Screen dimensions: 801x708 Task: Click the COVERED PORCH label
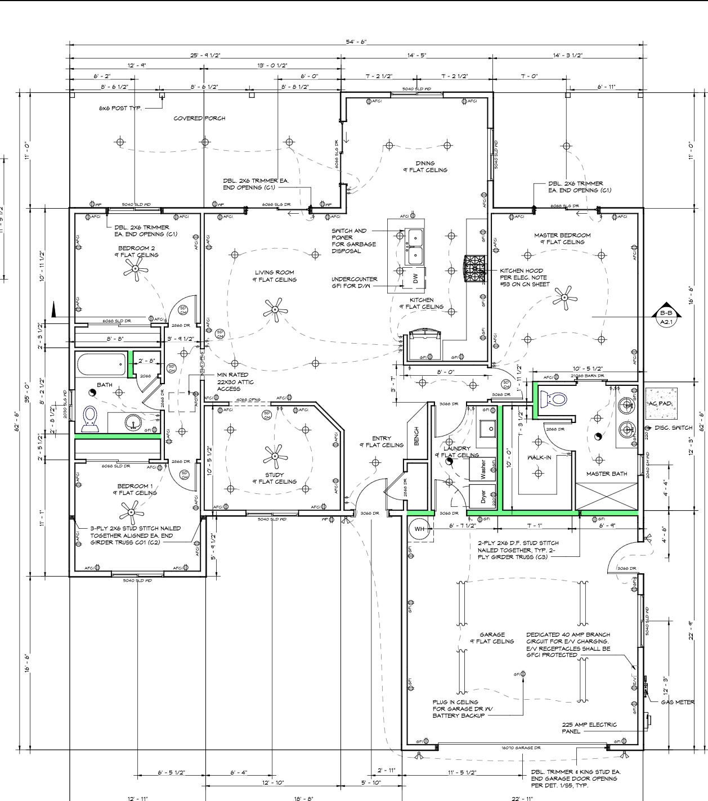[x=199, y=118]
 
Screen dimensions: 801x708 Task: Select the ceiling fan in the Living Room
[x=274, y=310]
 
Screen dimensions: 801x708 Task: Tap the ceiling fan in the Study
[x=275, y=457]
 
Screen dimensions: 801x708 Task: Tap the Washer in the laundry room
[x=482, y=469]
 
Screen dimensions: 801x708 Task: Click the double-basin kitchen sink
[x=415, y=246]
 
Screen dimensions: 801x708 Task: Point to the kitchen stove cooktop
[x=474, y=269]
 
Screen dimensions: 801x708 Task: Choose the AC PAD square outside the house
[x=661, y=403]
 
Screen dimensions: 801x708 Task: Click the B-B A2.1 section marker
[x=666, y=317]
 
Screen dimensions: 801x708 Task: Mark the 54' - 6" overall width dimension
[x=356, y=43]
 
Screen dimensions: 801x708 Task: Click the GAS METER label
[x=677, y=703]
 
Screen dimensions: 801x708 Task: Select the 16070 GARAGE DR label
[x=521, y=748]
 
